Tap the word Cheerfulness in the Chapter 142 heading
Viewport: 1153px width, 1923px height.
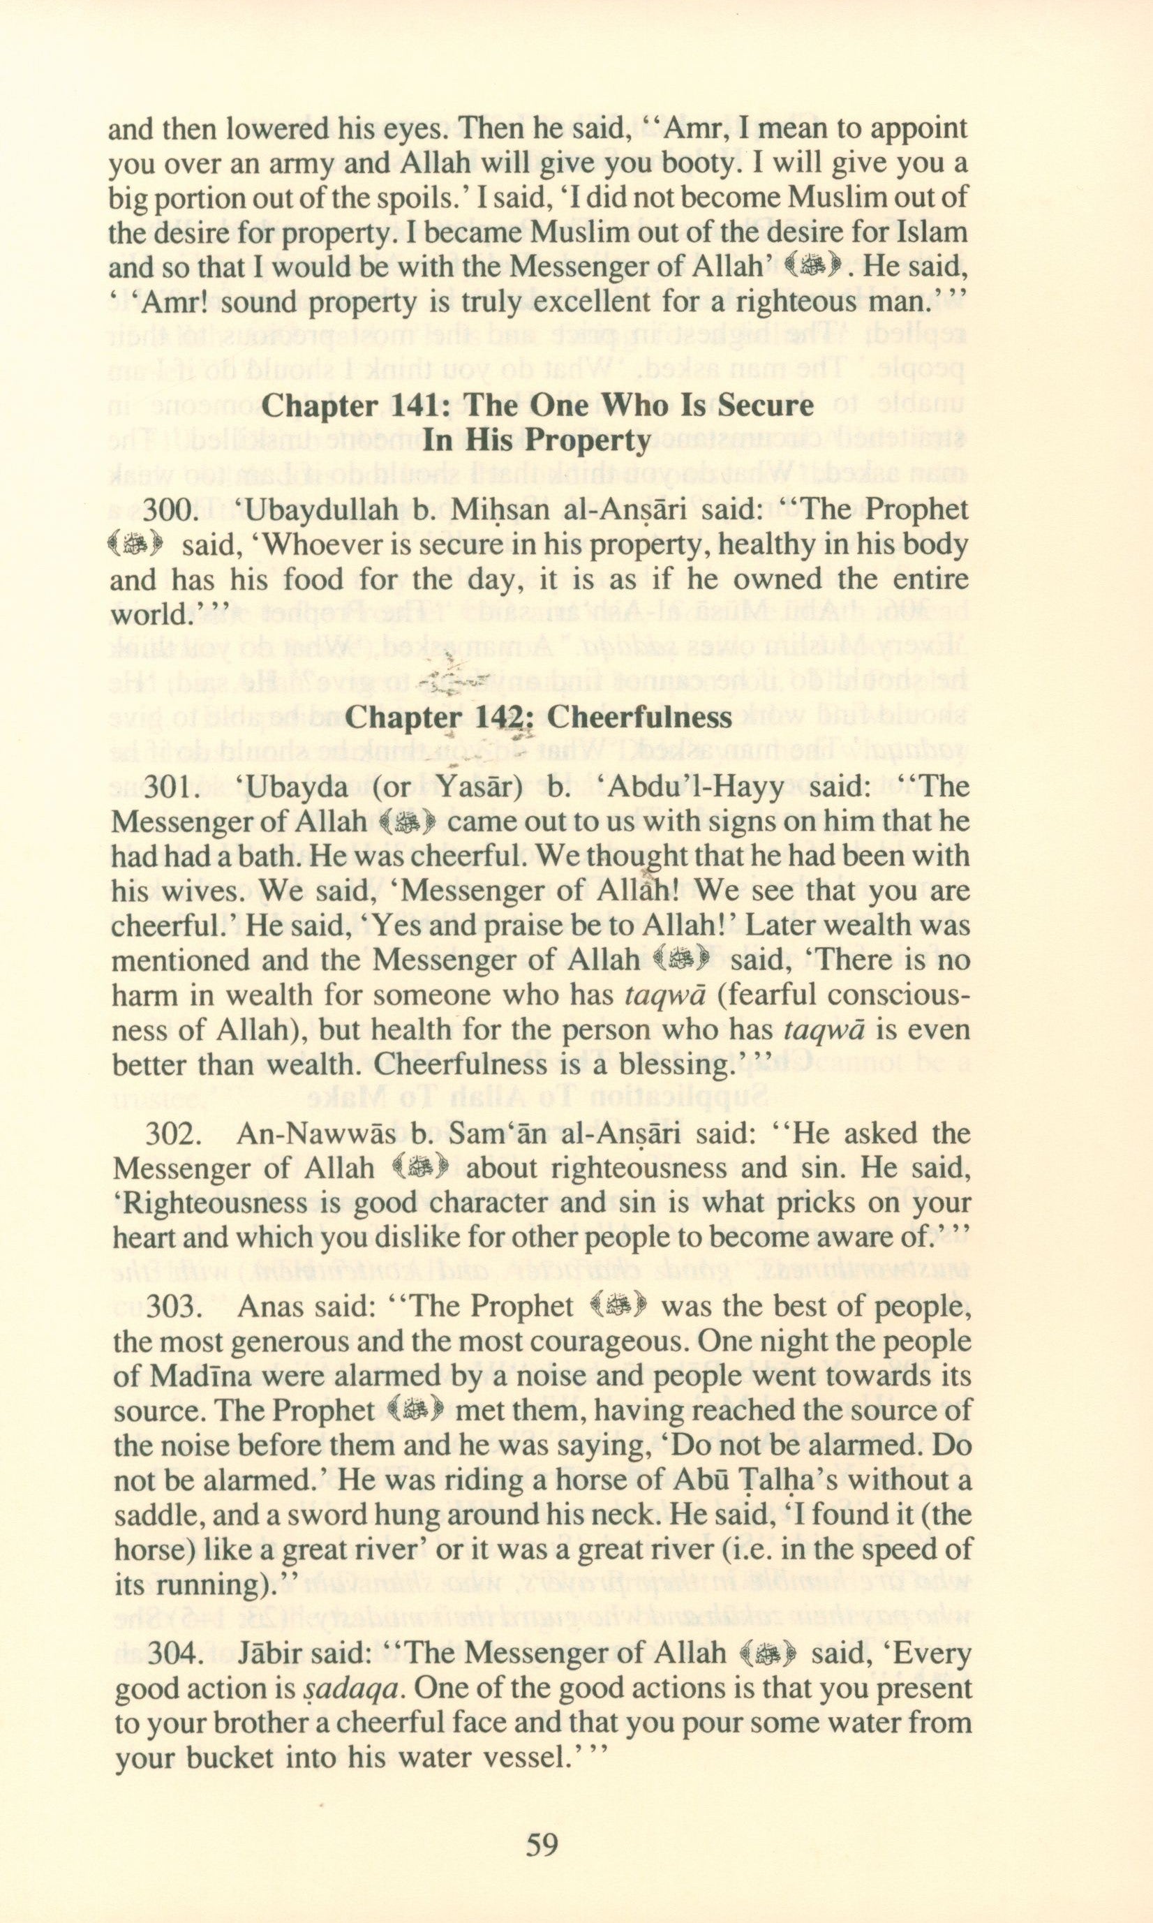pos(639,716)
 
